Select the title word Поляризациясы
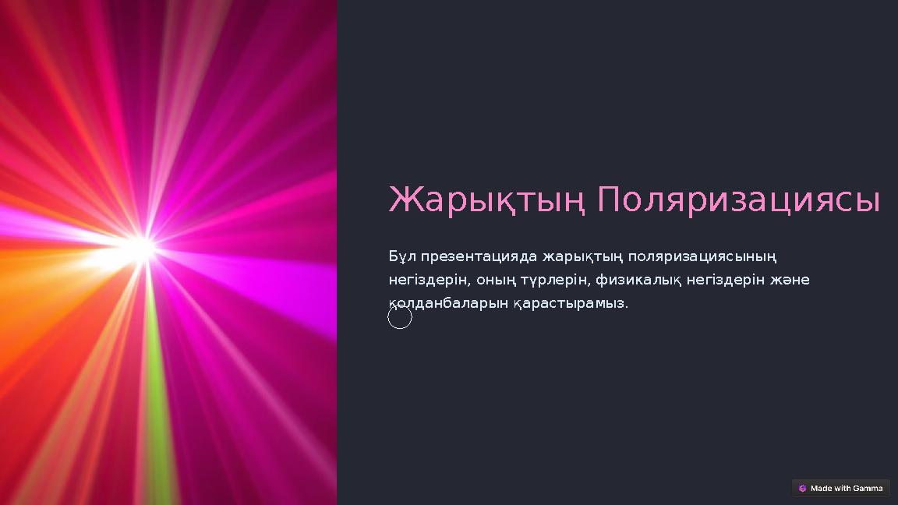pos(738,201)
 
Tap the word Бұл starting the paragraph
pos(401,256)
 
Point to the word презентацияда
pos(479,256)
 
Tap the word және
pos(789,279)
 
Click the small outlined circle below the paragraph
pos(400,317)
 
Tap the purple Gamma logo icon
pos(803,489)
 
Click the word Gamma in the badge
pos(868,489)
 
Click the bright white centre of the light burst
pos(141,249)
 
